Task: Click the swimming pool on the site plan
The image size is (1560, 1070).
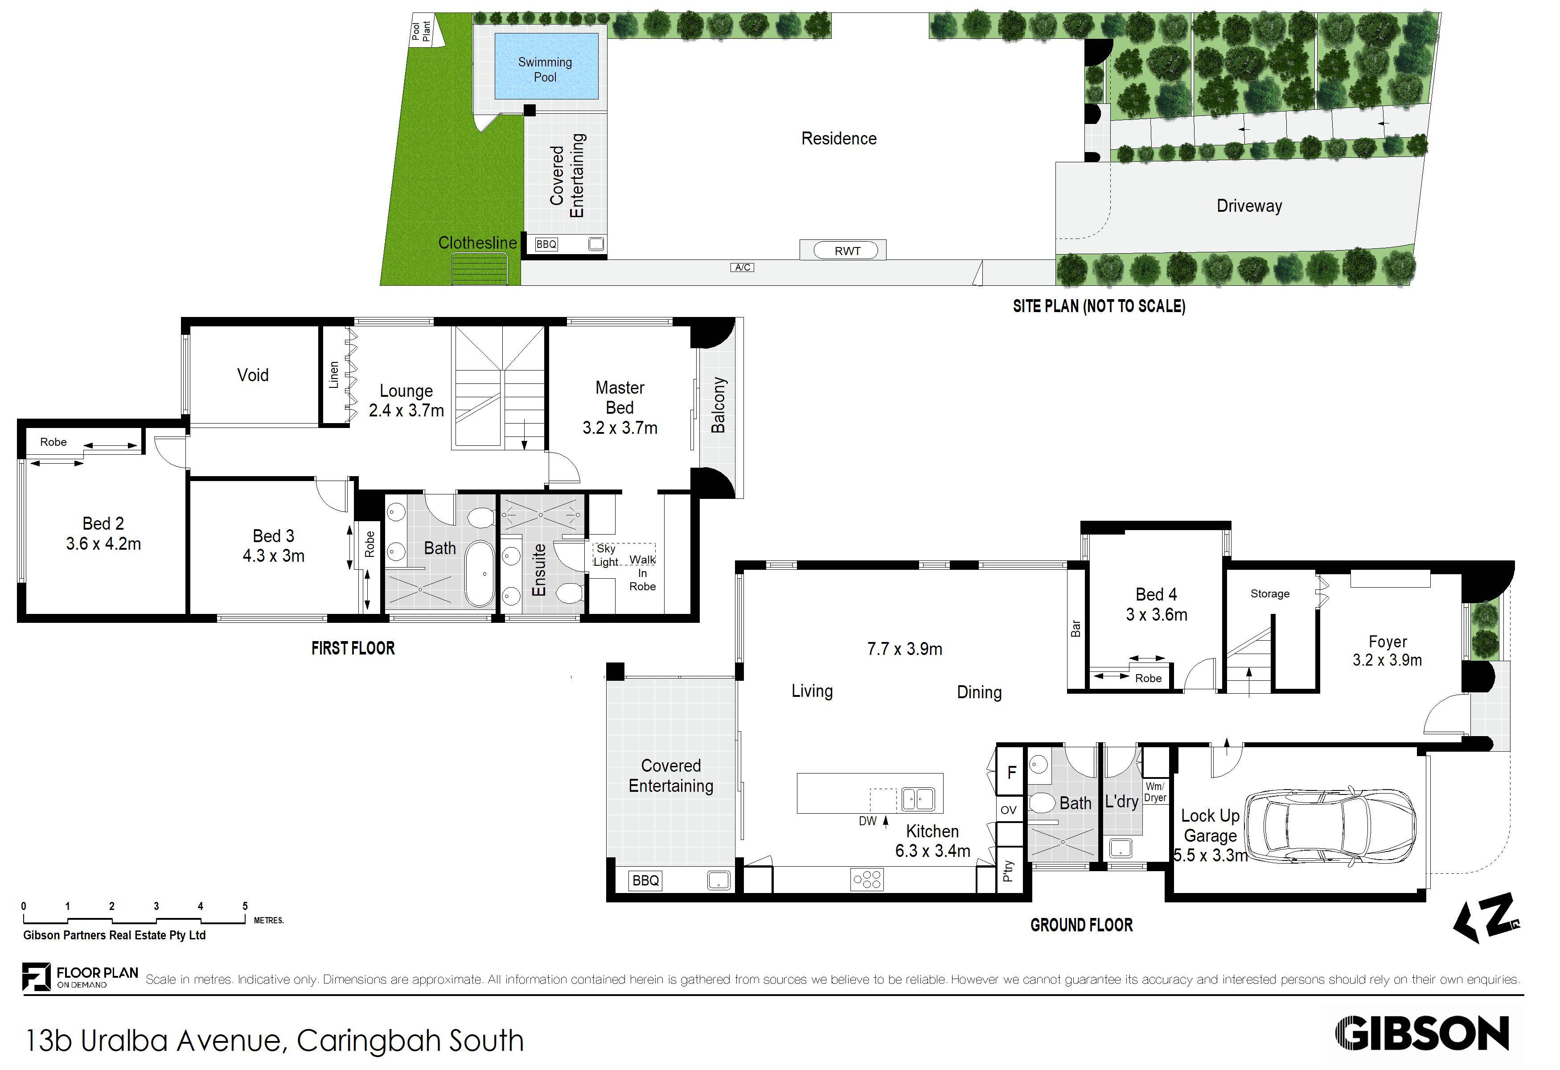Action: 546,66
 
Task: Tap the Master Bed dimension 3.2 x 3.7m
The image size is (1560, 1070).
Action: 620,428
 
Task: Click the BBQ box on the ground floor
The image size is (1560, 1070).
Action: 646,880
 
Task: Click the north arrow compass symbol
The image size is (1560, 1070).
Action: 1486,917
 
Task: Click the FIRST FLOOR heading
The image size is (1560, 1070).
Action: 353,648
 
